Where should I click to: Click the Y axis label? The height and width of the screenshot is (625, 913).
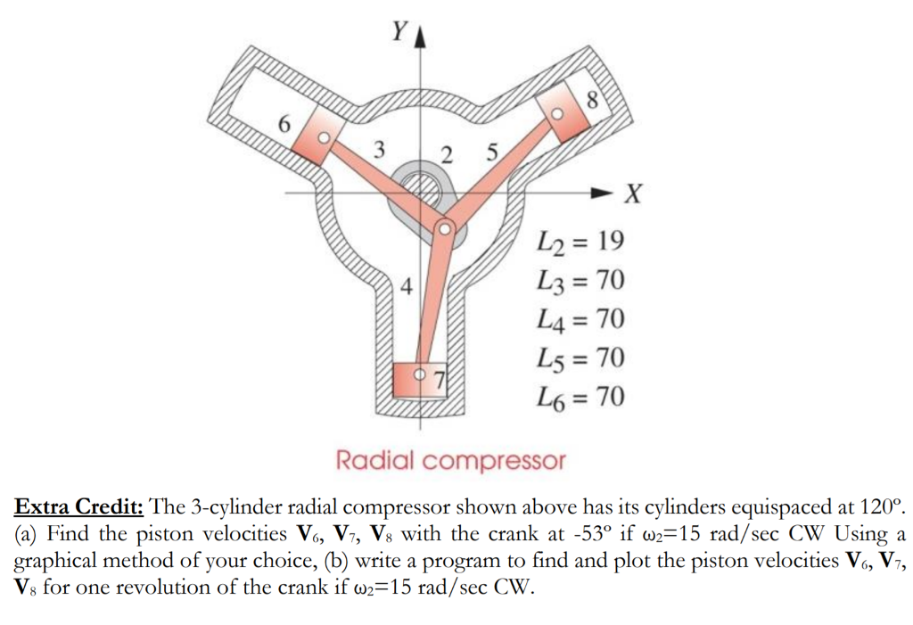point(398,32)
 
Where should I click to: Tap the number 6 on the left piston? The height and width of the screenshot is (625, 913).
point(284,125)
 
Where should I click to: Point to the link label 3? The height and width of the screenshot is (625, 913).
point(379,150)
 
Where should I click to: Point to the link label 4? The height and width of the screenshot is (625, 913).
point(407,287)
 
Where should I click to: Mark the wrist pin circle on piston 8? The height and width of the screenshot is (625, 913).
point(557,115)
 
